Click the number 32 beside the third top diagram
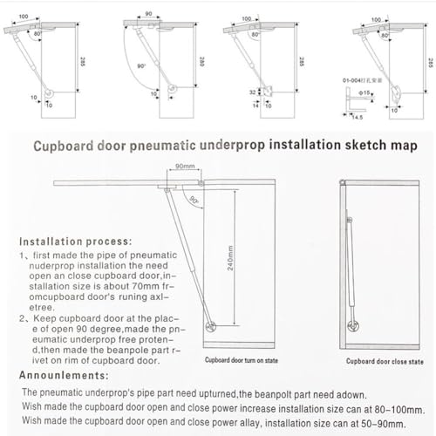click(254, 90)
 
